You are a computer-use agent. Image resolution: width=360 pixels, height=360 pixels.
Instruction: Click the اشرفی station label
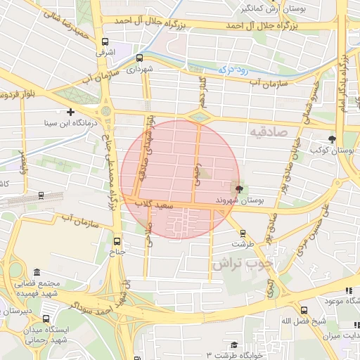click(105, 52)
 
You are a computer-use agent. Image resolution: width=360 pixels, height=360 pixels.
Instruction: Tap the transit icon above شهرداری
click(139, 58)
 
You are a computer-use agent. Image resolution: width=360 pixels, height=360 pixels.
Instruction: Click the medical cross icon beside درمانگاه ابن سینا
click(70, 112)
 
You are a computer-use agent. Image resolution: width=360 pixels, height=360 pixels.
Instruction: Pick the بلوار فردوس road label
click(21, 94)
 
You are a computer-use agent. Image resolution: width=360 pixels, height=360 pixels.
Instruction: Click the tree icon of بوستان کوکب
click(332, 139)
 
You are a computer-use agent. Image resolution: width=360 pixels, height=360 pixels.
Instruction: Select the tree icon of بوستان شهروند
click(239, 188)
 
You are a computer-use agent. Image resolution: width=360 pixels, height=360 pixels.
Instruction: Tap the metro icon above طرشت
click(243, 233)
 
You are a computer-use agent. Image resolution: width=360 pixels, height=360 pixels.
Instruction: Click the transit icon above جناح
click(117, 239)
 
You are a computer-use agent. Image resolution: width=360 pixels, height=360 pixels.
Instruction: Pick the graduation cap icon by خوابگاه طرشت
click(233, 345)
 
